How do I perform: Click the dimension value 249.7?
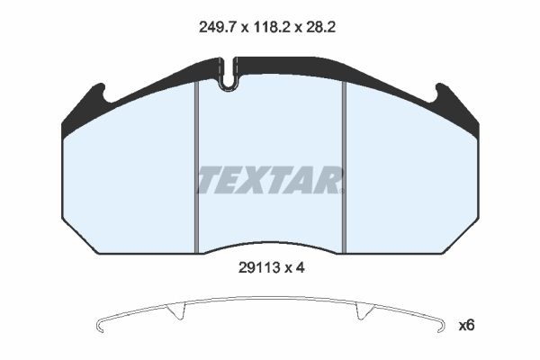pos(217,27)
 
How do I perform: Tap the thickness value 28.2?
pos(319,27)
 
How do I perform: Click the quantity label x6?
pos(466,325)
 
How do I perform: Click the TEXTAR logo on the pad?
pos(270,180)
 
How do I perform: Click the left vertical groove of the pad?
pos(196,167)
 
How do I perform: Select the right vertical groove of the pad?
pos(344,167)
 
